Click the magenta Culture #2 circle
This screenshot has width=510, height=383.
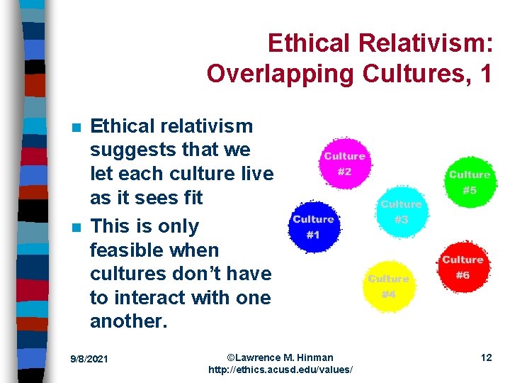click(344, 163)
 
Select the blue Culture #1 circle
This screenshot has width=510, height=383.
click(312, 227)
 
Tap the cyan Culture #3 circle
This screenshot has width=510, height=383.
click(401, 211)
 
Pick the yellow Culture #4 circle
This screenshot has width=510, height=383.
click(388, 286)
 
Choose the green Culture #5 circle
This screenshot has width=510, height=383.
click(469, 182)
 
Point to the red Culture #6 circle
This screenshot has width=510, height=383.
click(462, 267)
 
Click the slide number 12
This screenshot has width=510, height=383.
click(486, 357)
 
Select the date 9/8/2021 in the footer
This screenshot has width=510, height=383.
click(89, 359)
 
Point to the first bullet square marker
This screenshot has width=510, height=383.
click(76, 128)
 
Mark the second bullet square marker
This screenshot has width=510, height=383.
click(76, 228)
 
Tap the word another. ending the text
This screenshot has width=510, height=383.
click(129, 321)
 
